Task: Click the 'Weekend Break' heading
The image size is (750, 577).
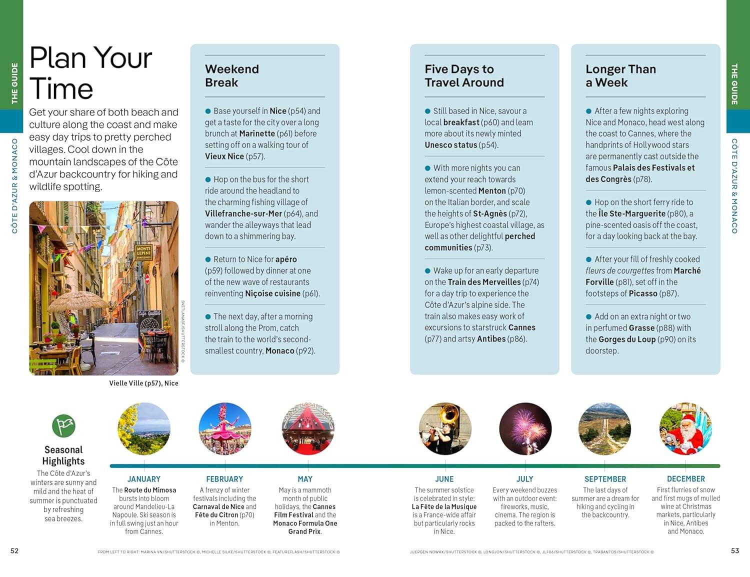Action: tap(232, 75)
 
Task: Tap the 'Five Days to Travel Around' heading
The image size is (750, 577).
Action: tap(464, 75)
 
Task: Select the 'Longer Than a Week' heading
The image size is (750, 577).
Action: tap(620, 75)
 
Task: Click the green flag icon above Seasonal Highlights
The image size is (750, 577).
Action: tap(63, 426)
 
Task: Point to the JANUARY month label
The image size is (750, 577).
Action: tap(144, 479)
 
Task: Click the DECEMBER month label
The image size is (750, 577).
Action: tap(685, 479)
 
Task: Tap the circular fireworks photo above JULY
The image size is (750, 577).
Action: tap(525, 429)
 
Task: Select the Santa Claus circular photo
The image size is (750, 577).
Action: tap(685, 429)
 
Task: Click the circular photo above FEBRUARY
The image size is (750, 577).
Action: tap(225, 429)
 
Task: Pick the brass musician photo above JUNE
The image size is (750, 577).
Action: tap(444, 429)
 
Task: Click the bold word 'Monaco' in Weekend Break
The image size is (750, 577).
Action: tap(279, 351)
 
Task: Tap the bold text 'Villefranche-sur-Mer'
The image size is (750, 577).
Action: tap(243, 213)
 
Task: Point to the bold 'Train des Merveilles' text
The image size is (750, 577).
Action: tap(484, 282)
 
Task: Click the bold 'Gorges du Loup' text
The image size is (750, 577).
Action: tap(627, 339)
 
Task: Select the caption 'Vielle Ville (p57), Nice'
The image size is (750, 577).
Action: tap(143, 383)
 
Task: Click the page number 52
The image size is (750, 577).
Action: tap(14, 551)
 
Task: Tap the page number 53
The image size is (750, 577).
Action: tap(734, 551)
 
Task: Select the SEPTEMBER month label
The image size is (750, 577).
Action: tap(605, 479)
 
